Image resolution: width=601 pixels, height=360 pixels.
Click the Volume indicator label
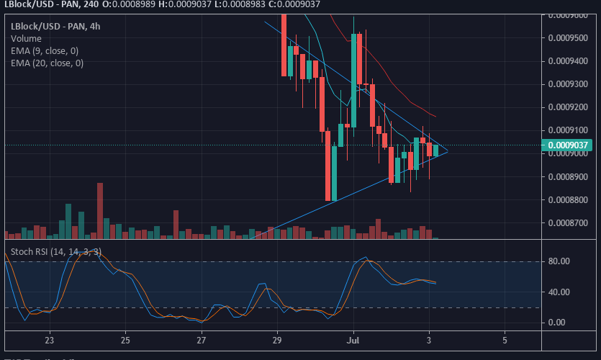26,38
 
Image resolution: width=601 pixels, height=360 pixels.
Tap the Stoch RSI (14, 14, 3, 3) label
56,251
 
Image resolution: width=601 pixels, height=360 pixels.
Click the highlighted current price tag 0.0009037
569,145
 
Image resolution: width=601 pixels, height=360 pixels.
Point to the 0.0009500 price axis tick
569,38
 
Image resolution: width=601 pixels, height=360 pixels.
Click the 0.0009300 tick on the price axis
569,84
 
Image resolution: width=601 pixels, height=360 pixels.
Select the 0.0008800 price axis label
569,199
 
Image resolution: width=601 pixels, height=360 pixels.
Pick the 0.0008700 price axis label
569,222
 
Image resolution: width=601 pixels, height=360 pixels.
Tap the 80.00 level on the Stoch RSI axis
559,261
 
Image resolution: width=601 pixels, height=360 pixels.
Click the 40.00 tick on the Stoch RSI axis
559,292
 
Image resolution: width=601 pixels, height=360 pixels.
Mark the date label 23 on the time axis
50,339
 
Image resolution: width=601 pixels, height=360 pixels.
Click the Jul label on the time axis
353,339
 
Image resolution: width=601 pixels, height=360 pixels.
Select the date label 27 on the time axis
202,339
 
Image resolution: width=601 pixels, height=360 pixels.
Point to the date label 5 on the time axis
505,339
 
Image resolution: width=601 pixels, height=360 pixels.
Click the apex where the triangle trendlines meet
447,151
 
